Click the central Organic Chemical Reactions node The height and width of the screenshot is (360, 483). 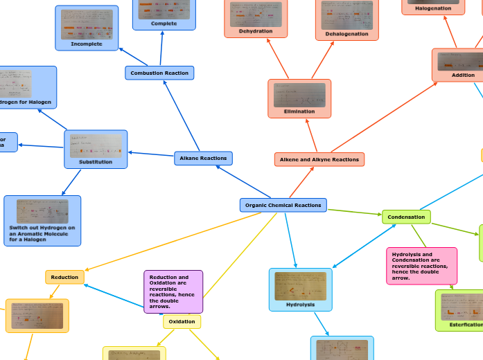[283, 205]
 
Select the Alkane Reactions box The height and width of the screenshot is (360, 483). [203, 159]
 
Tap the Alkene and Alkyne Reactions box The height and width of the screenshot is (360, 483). [319, 160]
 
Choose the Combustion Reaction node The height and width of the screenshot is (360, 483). [159, 73]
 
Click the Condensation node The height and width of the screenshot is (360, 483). [406, 217]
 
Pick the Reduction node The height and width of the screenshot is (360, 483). [64, 278]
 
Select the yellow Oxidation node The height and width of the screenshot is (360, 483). [182, 322]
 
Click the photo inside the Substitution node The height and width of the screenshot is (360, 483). [96, 145]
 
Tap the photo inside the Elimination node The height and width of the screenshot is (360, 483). [299, 95]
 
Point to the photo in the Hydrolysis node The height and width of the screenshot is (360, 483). [300, 285]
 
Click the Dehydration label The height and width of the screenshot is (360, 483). [256, 31]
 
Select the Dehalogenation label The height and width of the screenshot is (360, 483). [346, 34]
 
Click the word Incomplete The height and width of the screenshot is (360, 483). [87, 44]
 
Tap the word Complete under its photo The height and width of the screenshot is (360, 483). [164, 24]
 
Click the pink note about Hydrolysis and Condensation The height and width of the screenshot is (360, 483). [421, 266]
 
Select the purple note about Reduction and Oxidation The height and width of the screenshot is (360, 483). [173, 291]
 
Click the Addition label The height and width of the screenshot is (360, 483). [463, 75]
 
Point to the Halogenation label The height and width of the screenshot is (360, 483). [433, 8]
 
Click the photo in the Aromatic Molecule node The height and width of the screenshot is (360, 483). [42, 210]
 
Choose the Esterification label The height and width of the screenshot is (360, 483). [466, 324]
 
